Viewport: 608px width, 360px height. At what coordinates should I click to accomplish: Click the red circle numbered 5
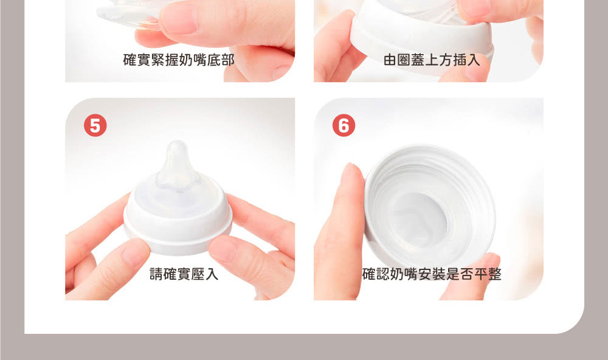click(x=95, y=126)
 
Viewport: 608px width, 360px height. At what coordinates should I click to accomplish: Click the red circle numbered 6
click(x=344, y=126)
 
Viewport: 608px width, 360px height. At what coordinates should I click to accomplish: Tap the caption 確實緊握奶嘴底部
click(x=179, y=60)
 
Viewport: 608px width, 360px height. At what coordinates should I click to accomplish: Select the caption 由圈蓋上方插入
click(x=432, y=60)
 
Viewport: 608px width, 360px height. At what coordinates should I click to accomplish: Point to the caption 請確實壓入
click(x=184, y=274)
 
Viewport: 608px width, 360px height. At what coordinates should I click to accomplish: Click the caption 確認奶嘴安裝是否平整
click(x=432, y=274)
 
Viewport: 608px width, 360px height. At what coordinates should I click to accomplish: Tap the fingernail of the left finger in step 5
click(x=134, y=252)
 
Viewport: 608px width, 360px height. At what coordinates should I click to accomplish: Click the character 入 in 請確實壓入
click(x=212, y=274)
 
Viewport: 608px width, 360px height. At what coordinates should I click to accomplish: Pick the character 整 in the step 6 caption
click(x=495, y=274)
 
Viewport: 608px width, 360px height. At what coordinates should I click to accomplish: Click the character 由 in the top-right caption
click(x=390, y=60)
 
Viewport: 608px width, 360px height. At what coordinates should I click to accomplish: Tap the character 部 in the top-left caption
click(x=228, y=60)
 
